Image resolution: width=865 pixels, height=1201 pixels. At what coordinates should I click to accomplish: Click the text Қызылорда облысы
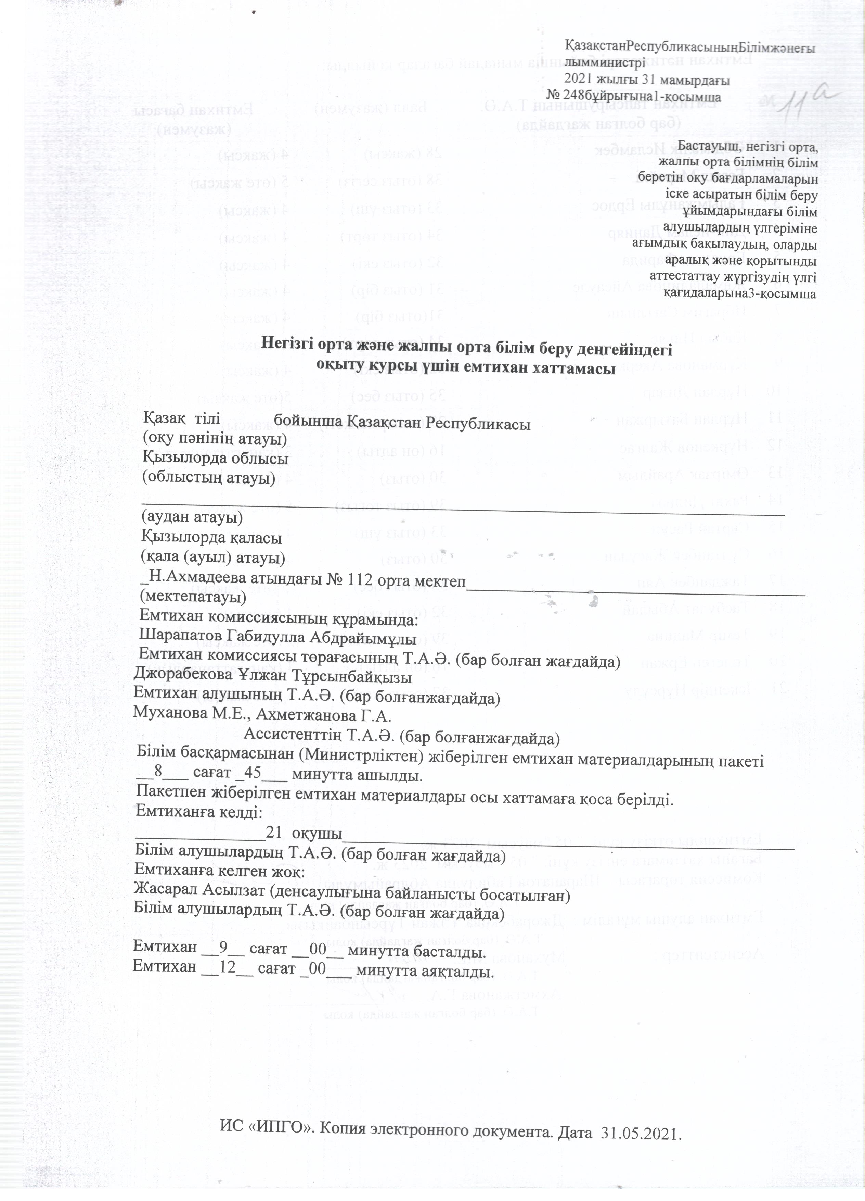pos(215,458)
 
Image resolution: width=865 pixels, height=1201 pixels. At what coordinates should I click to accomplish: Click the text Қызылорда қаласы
pos(211,540)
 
